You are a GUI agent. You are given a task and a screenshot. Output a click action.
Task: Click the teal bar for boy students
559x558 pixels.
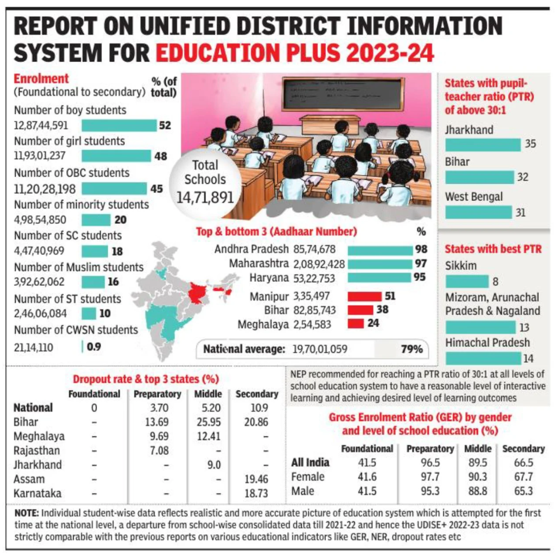(x=119, y=125)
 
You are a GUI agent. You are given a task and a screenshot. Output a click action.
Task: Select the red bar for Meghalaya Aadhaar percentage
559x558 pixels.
(x=355, y=323)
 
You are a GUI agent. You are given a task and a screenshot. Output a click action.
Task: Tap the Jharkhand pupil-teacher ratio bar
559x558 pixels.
(x=482, y=145)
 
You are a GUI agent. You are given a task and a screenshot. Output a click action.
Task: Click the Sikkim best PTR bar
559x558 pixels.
(x=467, y=281)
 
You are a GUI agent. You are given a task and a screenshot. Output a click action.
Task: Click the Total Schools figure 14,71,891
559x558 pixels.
(x=205, y=197)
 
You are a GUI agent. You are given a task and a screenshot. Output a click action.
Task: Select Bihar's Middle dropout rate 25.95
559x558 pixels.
(x=208, y=422)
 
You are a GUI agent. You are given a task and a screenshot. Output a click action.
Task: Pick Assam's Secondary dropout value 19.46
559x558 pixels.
(x=256, y=479)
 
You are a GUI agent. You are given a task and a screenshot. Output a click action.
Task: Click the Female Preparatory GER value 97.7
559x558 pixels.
(x=430, y=477)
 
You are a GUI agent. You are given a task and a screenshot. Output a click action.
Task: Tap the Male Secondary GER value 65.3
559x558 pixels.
(x=523, y=491)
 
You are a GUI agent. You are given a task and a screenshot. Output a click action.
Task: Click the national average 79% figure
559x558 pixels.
(x=411, y=349)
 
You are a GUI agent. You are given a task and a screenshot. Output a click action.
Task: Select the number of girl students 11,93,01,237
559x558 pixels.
(x=40, y=156)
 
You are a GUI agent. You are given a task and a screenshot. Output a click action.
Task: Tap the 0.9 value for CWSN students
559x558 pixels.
(x=94, y=347)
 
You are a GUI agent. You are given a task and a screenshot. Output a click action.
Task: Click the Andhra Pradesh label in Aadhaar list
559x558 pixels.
(x=251, y=249)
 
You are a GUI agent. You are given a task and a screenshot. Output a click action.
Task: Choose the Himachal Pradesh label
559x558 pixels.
(x=487, y=342)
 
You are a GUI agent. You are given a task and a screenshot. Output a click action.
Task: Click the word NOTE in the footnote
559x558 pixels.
(x=26, y=513)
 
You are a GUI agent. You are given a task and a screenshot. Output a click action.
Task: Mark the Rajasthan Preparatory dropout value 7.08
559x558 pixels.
(x=159, y=450)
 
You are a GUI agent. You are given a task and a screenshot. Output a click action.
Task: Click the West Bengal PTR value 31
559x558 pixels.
(x=520, y=213)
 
